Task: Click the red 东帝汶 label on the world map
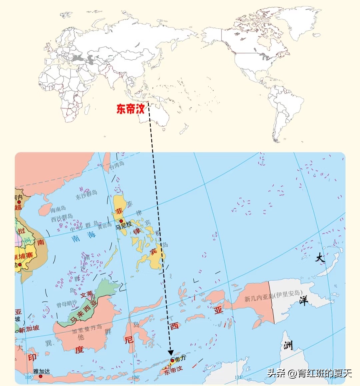click(130, 109)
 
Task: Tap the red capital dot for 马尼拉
click(121, 221)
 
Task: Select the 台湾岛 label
click(117, 165)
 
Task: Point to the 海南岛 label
click(58, 210)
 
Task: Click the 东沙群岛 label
click(87, 194)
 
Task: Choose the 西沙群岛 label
click(62, 218)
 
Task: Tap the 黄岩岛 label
click(104, 226)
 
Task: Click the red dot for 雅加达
click(41, 376)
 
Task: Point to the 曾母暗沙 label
click(67, 304)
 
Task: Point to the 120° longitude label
click(135, 377)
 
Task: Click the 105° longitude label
click(29, 377)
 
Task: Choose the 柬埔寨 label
click(24, 256)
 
